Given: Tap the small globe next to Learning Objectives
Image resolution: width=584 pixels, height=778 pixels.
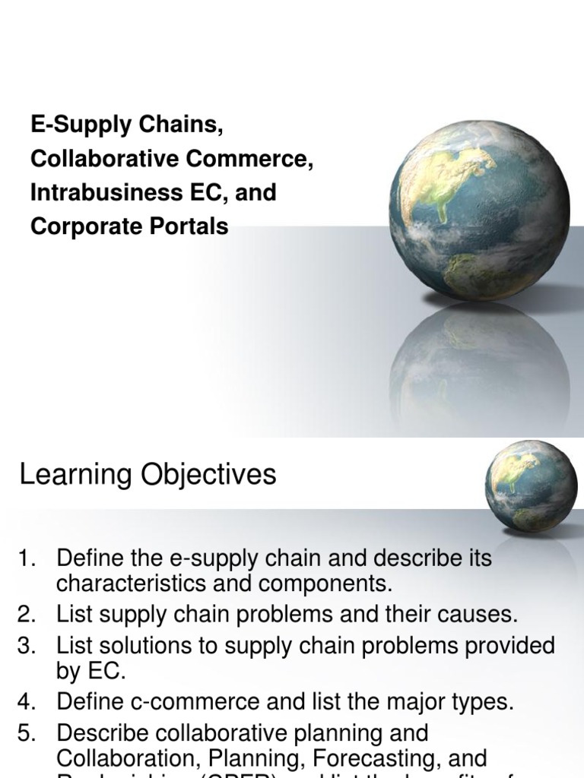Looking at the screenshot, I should (531, 486).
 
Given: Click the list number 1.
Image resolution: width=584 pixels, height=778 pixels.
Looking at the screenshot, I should (27, 559).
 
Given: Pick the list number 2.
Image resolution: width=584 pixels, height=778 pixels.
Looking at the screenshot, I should (27, 614).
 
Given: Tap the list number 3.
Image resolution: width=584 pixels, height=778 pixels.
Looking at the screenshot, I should (27, 646).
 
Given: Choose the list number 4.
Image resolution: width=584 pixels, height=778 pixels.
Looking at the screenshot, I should (27, 702).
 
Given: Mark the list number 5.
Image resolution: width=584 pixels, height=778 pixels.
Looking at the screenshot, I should (27, 734).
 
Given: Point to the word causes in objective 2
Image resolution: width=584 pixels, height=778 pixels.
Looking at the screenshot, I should (475, 614).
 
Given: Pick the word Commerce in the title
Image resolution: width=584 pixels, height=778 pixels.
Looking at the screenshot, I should (249, 160).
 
